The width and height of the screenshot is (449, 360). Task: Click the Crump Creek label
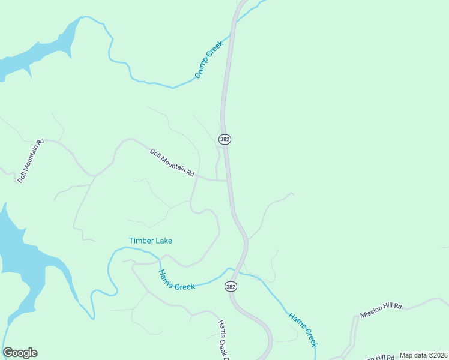[x=209, y=58]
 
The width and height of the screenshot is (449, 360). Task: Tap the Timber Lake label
[x=151, y=241]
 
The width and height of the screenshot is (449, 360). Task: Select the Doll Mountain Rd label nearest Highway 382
[x=172, y=163]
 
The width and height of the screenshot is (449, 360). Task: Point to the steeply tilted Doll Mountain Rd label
[x=31, y=161]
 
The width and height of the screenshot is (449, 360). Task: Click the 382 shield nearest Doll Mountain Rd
[x=224, y=139]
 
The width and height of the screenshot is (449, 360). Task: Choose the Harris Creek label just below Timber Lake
[x=176, y=280]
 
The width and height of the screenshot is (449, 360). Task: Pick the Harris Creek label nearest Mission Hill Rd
[x=302, y=329]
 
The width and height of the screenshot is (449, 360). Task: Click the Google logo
[x=20, y=353]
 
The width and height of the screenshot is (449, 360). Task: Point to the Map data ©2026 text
[x=423, y=355]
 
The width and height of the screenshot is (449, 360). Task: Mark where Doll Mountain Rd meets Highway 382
[x=228, y=180]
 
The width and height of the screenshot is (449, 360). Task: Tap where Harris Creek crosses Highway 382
[x=241, y=272]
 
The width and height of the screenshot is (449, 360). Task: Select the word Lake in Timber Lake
[x=163, y=241]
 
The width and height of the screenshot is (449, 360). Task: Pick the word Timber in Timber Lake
[x=141, y=241]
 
